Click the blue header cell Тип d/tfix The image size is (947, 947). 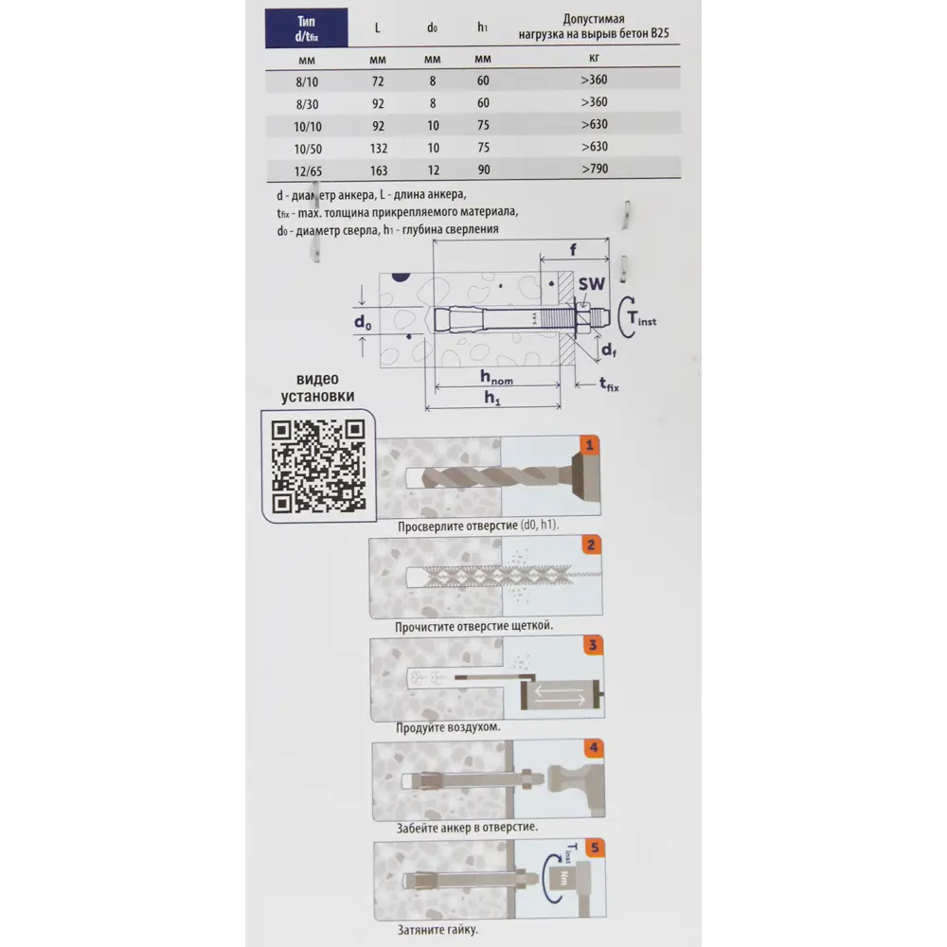point(306,27)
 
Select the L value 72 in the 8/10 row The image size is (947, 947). point(378,80)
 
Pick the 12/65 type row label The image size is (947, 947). point(308,170)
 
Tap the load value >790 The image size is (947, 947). point(595,170)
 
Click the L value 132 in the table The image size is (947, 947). point(379,149)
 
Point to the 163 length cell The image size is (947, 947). point(379,170)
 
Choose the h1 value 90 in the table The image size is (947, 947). point(484,170)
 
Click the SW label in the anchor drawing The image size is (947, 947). point(591,284)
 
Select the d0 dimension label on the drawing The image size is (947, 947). point(363,322)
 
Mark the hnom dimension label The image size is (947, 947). point(496,378)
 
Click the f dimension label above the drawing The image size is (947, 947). point(573,249)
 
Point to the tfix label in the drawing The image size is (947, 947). point(609,384)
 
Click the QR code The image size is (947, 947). point(318,466)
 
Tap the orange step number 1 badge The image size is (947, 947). point(589,445)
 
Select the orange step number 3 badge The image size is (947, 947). point(593,645)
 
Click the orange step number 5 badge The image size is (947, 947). point(596,848)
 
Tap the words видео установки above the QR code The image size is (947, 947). point(317,387)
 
